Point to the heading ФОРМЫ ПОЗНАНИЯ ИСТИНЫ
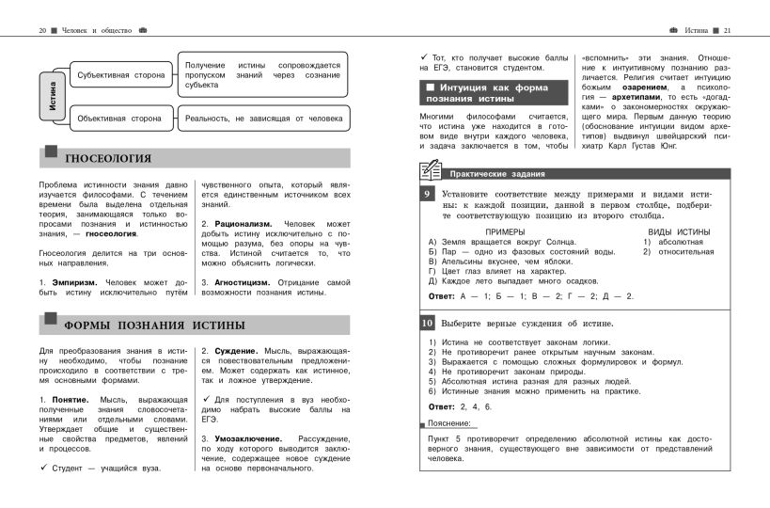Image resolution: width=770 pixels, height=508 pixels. click(155, 326)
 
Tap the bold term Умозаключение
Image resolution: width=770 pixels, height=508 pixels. click(247, 438)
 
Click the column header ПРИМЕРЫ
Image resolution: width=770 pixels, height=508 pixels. click(504, 230)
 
